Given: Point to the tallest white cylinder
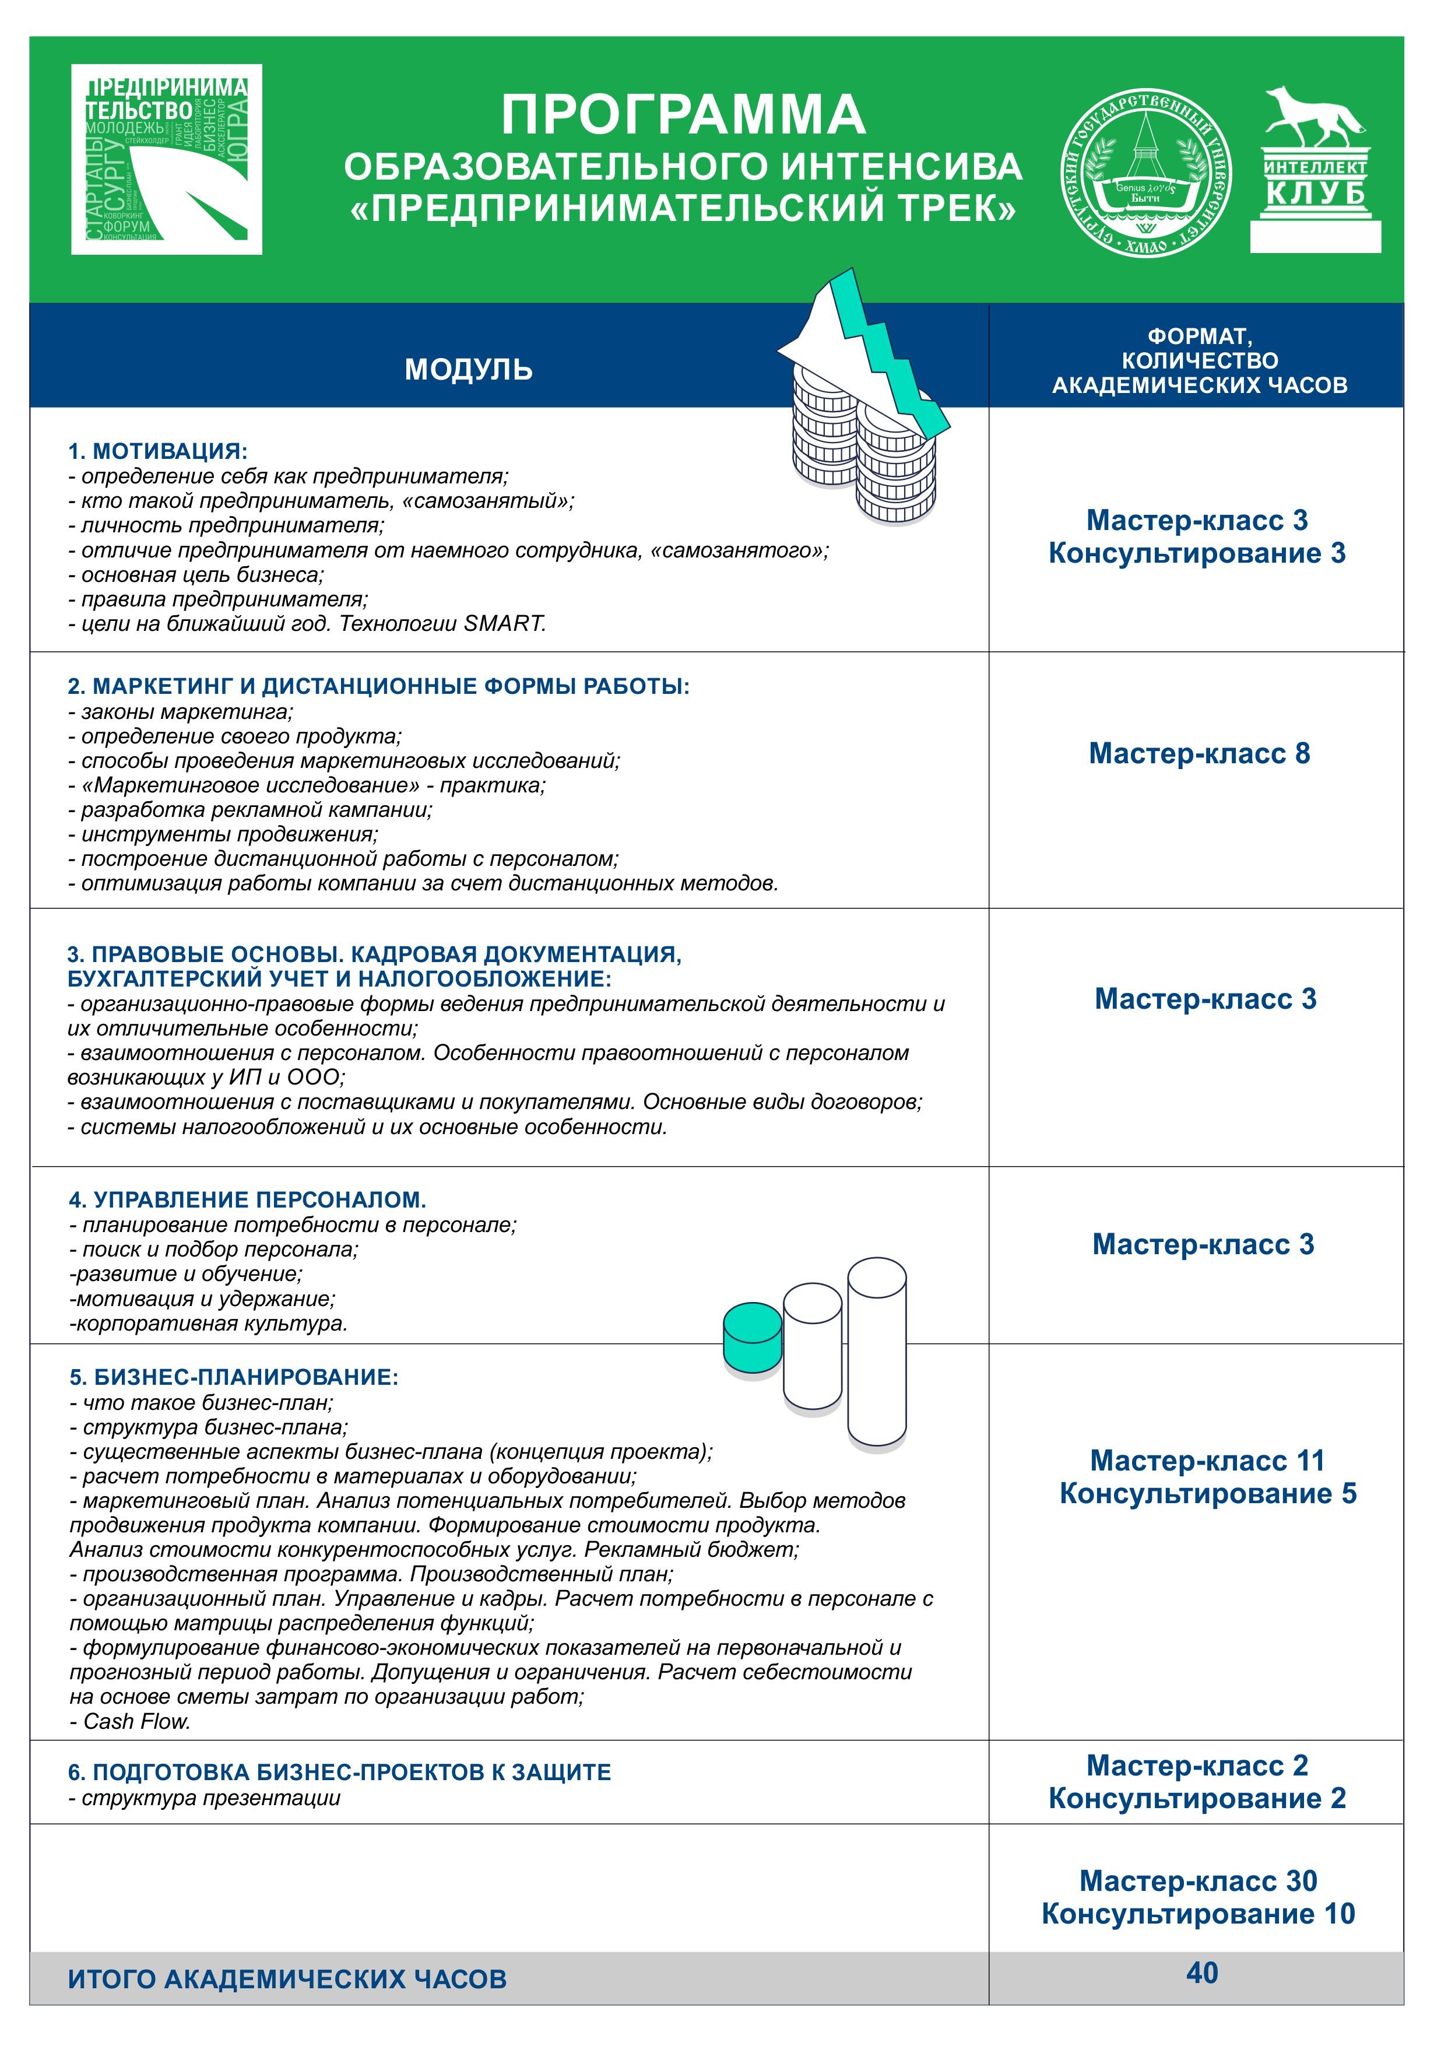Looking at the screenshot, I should [x=877, y=1350].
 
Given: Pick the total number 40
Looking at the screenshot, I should [x=1202, y=1973].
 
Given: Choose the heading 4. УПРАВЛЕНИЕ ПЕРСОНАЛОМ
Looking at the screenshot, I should [x=247, y=1199].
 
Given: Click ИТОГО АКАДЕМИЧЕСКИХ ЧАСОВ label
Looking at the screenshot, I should [x=287, y=1979].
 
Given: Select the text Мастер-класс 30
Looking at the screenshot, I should [x=1199, y=1881].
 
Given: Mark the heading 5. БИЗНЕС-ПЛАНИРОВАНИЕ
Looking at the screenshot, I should [x=234, y=1377].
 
